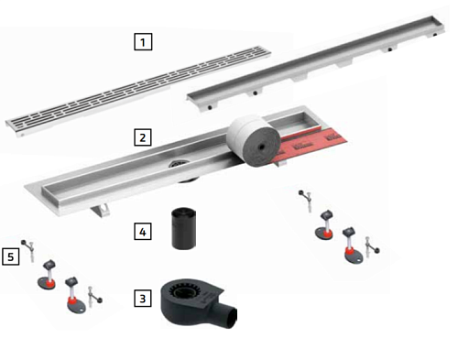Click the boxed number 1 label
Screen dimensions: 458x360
tap(143, 42)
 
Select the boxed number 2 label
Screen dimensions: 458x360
tap(143, 137)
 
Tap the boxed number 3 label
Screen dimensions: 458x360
tap(143, 298)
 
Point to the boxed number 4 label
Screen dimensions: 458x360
tap(143, 232)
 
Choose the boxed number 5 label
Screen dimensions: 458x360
tap(11, 256)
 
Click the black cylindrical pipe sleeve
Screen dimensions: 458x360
tap(183, 229)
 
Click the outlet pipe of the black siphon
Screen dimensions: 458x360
tap(226, 313)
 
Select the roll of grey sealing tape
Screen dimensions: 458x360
tap(255, 140)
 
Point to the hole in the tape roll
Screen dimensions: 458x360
tap(261, 147)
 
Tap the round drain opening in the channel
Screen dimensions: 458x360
tap(179, 164)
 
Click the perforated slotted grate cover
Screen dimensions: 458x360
tap(138, 91)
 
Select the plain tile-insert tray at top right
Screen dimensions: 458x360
tap(316, 62)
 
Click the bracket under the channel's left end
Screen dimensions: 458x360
tap(101, 210)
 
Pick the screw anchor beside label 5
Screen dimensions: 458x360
tap(28, 251)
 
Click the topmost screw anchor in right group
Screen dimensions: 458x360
tap(306, 201)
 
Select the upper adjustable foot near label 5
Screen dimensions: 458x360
tap(48, 274)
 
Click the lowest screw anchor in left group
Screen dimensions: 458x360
tap(94, 296)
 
